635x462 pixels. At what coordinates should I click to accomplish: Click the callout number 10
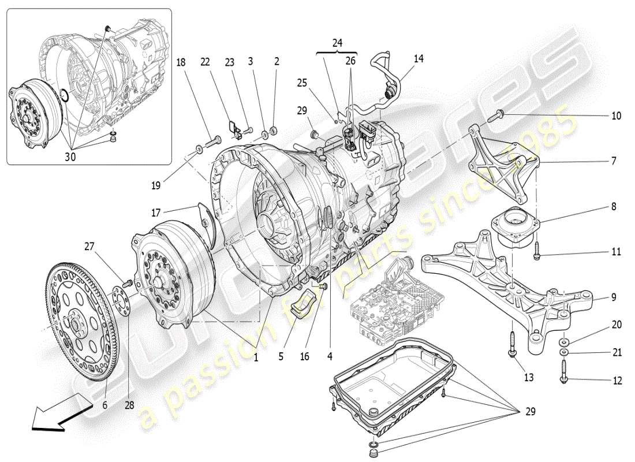coord(616,116)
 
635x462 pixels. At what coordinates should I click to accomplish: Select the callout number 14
coord(419,58)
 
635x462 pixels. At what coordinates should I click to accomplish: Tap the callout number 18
coord(182,63)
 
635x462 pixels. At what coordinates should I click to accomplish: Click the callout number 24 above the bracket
coord(337,43)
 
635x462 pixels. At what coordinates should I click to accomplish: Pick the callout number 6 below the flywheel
coord(104,405)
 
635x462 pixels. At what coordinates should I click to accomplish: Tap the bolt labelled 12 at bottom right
coord(563,370)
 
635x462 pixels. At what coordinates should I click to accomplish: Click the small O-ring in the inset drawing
coord(65,95)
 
